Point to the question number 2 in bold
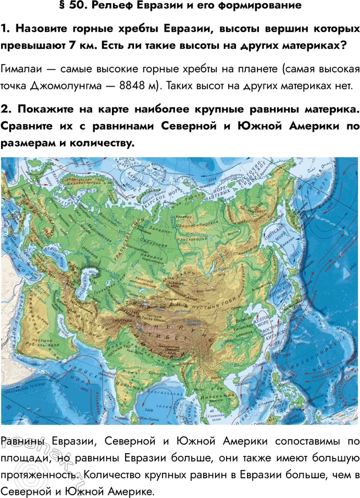coord(6,110)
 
